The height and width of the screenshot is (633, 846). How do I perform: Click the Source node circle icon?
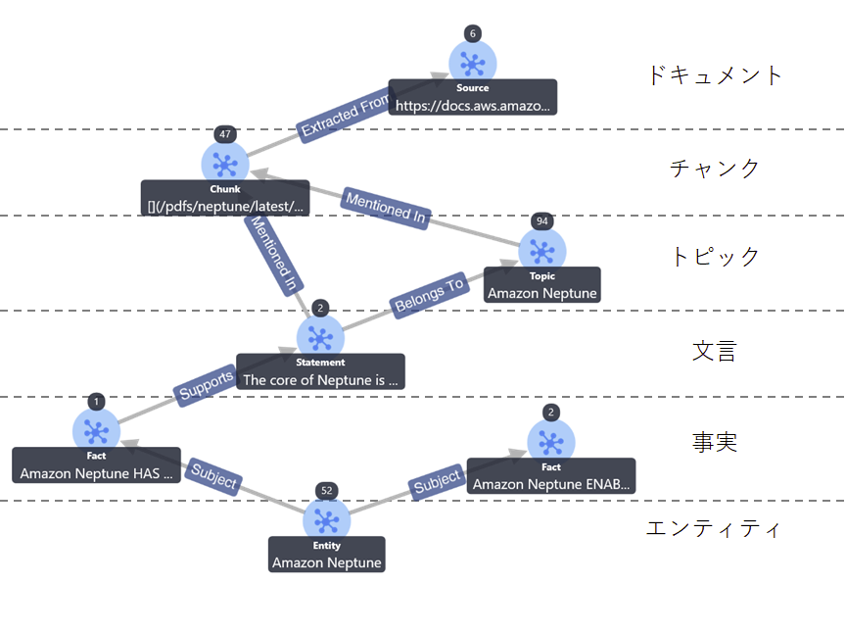tap(473, 64)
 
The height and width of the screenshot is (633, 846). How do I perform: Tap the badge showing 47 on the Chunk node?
tap(226, 134)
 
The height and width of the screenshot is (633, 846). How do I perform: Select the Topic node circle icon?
tap(541, 251)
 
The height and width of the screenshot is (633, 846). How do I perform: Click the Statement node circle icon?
tap(320, 337)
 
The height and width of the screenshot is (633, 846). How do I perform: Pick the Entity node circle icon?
tap(326, 521)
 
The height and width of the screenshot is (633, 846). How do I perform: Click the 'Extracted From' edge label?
tap(346, 116)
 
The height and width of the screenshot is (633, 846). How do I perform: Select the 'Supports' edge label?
tap(207, 384)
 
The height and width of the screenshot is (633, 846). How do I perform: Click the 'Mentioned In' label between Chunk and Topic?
tap(386, 209)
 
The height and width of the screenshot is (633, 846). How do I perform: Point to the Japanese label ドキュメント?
tap(716, 75)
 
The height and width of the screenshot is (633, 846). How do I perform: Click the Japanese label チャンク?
tap(715, 169)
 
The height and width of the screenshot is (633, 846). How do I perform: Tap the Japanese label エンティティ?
tap(714, 529)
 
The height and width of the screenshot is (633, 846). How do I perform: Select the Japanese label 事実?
tap(715, 443)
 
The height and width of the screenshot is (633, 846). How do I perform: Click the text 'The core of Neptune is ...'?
tap(320, 379)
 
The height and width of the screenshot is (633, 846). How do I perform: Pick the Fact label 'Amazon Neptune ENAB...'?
tap(551, 483)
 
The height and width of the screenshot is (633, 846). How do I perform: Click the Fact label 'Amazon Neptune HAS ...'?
tap(96, 473)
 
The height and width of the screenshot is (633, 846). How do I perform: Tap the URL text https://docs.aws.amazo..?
tap(473, 105)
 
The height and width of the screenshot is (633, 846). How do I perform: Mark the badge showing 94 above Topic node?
tap(541, 220)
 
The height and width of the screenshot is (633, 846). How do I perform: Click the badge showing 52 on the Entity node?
tap(326, 490)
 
